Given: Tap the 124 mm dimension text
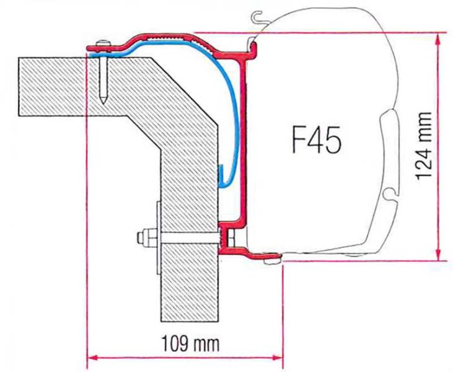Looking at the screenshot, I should [424, 146].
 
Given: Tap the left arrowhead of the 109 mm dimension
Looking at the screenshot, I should [90, 357].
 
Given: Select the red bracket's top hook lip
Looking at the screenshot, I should [250, 45].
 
